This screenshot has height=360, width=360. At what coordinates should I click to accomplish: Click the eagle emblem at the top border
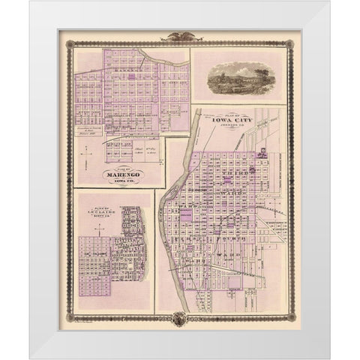coord(180,35)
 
